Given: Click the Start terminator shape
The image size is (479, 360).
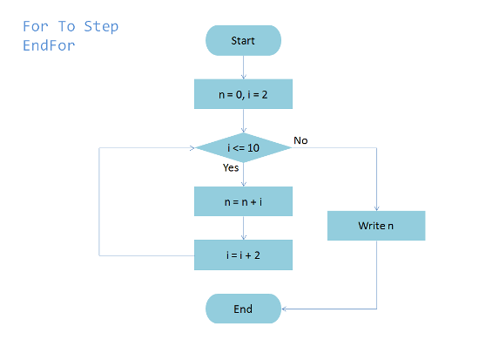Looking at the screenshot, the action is click(243, 40).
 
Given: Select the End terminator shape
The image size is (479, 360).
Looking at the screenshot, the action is click(243, 309).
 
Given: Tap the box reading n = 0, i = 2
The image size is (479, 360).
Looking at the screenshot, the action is click(243, 94).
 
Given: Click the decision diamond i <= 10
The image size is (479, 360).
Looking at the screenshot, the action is click(243, 147).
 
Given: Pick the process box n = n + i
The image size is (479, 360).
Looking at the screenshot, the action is click(243, 201).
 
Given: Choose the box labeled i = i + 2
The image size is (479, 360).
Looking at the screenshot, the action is click(243, 255).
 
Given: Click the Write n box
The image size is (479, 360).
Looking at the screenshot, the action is click(376, 226).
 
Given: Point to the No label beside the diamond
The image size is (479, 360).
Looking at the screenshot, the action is click(300, 140).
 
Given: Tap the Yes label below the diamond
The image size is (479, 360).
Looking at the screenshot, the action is click(231, 167).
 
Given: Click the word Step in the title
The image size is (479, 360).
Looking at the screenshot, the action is click(101, 27).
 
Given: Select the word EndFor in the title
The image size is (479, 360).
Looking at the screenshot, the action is click(49, 45).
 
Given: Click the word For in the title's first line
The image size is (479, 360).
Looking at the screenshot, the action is click(36, 26).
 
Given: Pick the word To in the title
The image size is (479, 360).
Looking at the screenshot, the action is click(66, 26).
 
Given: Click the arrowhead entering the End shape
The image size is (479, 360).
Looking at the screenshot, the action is click(284, 309).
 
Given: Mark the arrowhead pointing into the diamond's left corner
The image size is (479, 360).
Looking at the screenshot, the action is click(192, 148).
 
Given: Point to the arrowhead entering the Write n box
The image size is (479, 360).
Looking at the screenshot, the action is click(376, 208).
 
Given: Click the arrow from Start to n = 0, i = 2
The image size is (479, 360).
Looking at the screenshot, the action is click(244, 67).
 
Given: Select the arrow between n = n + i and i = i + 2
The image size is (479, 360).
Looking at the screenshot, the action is click(244, 228).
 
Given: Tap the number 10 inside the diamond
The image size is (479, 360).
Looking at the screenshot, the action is click(253, 148).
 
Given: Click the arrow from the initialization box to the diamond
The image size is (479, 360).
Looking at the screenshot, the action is click(244, 121).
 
